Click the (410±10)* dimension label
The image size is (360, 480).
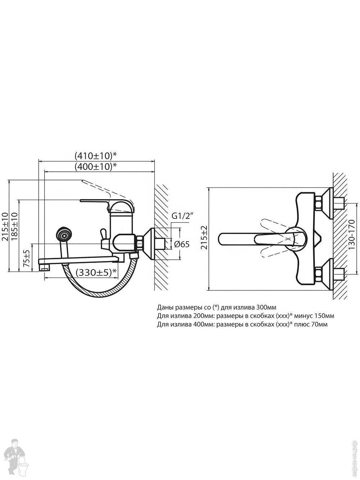click(x=95, y=156)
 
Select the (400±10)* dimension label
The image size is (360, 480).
click(x=95, y=167)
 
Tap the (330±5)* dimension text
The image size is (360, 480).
click(x=96, y=272)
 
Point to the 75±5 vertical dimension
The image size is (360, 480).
click(x=27, y=258)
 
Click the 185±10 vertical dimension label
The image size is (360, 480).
click(x=14, y=226)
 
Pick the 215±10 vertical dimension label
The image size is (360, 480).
click(x=5, y=226)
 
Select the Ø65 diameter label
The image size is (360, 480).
click(x=182, y=244)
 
